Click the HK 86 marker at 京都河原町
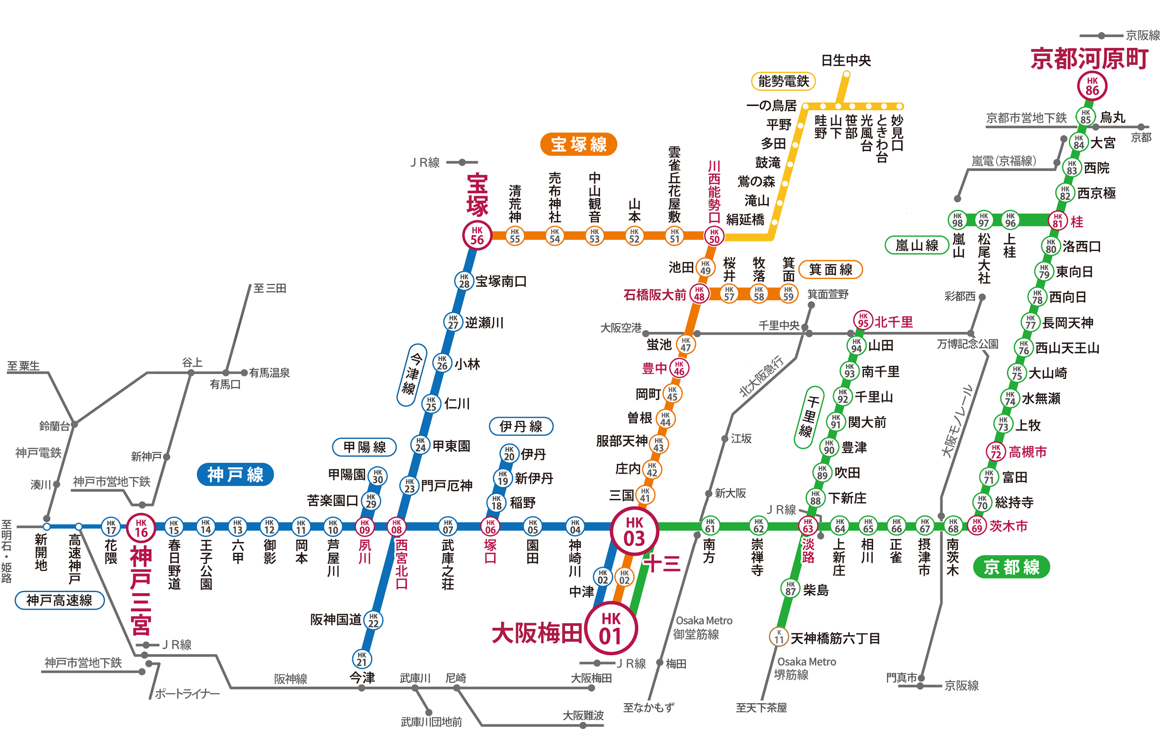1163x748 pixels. coord(1092,86)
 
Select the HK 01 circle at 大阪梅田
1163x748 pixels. coord(611,628)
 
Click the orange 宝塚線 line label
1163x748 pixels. coord(578,144)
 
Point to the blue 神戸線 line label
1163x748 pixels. coord(235,474)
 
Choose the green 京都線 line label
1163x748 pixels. coord(1011,567)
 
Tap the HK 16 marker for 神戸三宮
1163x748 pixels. coord(141,527)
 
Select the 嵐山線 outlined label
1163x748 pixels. coord(916,245)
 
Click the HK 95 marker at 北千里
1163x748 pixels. coord(863,320)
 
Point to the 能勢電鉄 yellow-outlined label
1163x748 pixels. coord(783,81)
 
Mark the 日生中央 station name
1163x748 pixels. coord(846,60)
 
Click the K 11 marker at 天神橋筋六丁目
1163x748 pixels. coord(779,637)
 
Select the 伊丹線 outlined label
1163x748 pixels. coord(521,426)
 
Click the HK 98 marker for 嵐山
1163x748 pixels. coord(957,219)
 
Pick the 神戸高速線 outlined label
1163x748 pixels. coord(59,600)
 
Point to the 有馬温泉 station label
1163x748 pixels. coord(269,372)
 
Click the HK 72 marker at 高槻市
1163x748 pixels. coord(996,452)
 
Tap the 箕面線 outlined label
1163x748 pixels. coord(830,269)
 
